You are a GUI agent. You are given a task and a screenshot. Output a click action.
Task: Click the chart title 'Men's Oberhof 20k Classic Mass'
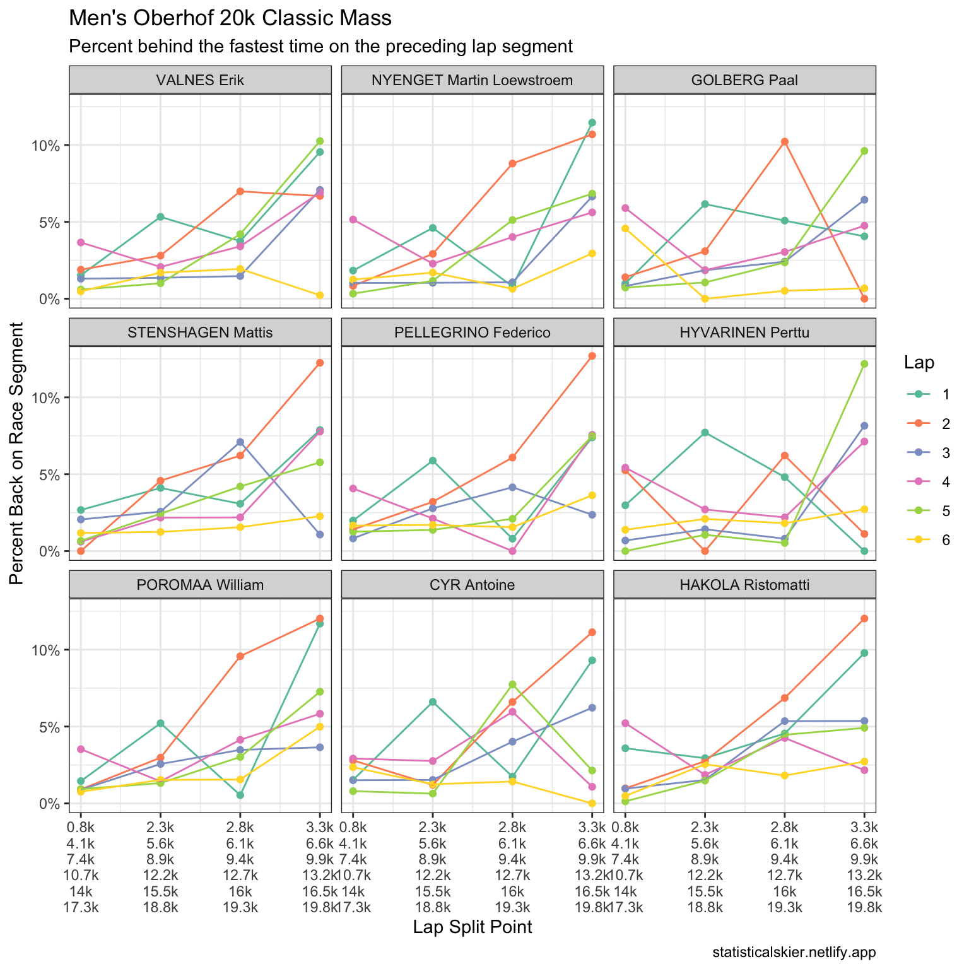[230, 18]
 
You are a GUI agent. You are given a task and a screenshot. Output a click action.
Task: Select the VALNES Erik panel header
[200, 80]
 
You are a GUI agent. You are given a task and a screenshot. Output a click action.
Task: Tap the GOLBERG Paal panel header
[744, 80]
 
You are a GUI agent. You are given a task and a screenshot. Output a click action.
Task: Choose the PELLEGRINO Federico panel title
[473, 332]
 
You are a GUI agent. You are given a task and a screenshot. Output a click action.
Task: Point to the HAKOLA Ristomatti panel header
[744, 585]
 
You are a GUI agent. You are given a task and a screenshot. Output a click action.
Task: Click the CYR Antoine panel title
[473, 585]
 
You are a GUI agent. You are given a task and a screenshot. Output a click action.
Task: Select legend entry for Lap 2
[928, 423]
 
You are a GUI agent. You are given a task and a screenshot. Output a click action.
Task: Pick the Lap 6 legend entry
[928, 539]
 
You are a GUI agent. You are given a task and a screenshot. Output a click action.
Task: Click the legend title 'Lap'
[919, 363]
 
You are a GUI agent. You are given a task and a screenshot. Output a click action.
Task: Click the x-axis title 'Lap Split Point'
[473, 927]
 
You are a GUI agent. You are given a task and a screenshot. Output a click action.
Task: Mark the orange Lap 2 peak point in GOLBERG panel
[784, 141]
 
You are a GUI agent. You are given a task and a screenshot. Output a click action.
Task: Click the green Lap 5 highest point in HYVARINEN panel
[864, 363]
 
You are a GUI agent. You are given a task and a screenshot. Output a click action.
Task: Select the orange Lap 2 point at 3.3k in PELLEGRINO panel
[592, 356]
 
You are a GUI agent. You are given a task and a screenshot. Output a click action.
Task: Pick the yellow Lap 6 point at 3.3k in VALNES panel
[320, 295]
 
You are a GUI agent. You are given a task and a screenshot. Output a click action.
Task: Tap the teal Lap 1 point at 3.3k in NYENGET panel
[592, 122]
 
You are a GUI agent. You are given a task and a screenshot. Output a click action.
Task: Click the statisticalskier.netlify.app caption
[794, 952]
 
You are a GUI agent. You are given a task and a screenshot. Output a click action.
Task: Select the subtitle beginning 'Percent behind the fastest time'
[320, 47]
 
